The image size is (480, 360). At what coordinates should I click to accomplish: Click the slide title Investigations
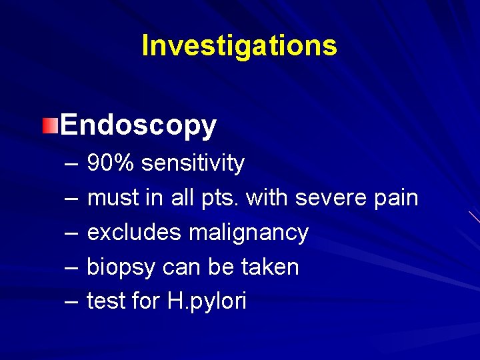point(239,45)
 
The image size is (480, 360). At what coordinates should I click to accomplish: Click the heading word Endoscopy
point(138,125)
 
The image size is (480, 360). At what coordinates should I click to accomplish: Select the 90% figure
point(111,163)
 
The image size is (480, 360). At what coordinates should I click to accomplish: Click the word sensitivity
point(193,163)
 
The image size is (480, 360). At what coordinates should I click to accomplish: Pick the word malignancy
point(248,232)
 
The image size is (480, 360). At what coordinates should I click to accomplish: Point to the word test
point(107,301)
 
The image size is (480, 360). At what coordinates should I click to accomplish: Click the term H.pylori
point(207,301)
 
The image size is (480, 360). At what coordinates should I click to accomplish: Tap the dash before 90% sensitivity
point(72,163)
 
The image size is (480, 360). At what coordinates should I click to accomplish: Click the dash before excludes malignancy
point(72,233)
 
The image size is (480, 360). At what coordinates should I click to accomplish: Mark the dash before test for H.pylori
point(72,302)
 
